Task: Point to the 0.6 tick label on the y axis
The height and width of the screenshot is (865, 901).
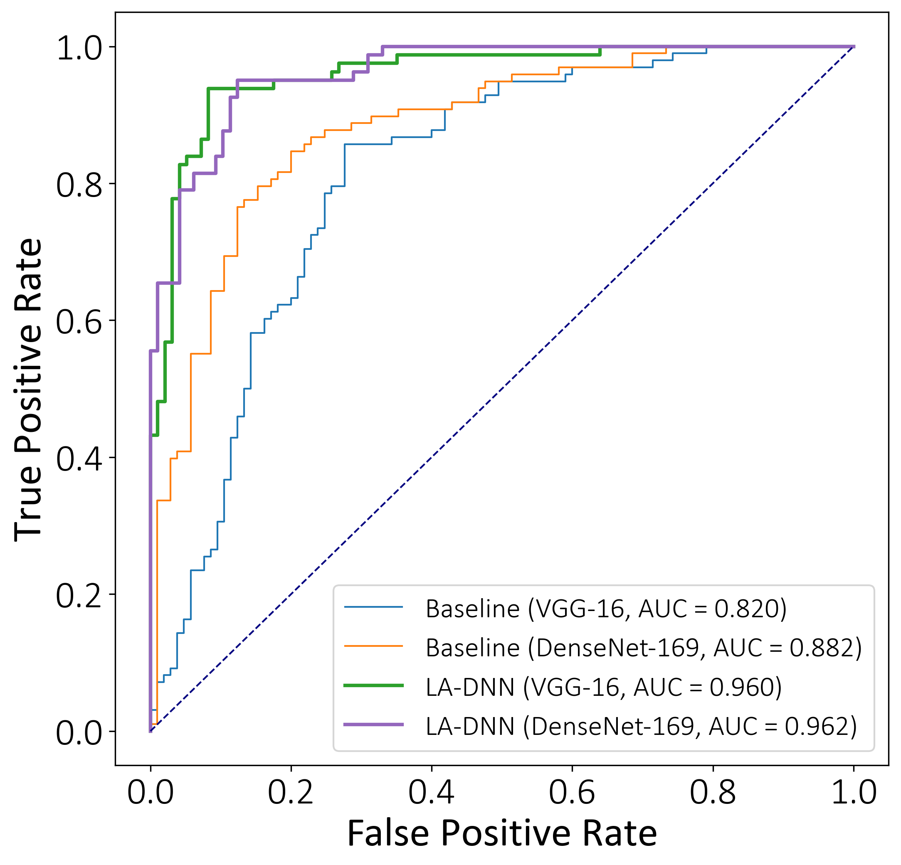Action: click(x=79, y=322)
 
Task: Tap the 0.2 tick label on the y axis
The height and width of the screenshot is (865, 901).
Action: click(x=79, y=596)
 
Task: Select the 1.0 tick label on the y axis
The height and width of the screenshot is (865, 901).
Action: click(x=79, y=48)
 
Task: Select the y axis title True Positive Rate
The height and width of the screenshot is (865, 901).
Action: click(x=29, y=390)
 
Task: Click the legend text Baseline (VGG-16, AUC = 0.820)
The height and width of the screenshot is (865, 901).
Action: click(x=606, y=609)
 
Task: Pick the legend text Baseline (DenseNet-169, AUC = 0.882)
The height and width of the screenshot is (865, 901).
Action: click(x=644, y=648)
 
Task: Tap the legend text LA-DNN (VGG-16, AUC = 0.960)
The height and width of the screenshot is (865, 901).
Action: click(x=604, y=687)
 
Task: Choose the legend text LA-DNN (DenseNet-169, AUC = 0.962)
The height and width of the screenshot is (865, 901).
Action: click(x=641, y=726)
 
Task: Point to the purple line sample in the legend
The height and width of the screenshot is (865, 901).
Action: click(x=373, y=725)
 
